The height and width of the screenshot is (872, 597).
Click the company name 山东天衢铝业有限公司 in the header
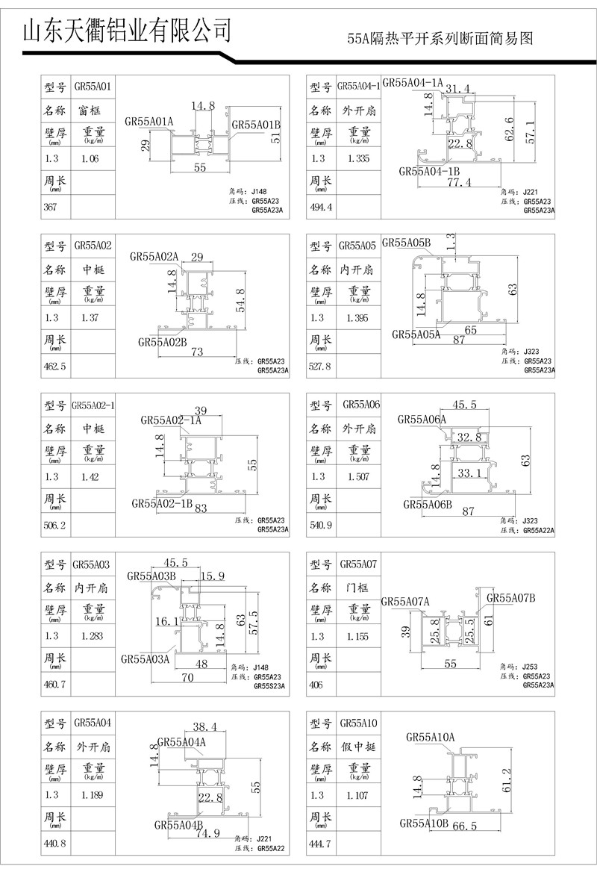coord(127,31)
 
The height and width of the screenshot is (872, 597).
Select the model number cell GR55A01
coord(93,87)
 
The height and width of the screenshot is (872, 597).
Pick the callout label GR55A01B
coord(256,124)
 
